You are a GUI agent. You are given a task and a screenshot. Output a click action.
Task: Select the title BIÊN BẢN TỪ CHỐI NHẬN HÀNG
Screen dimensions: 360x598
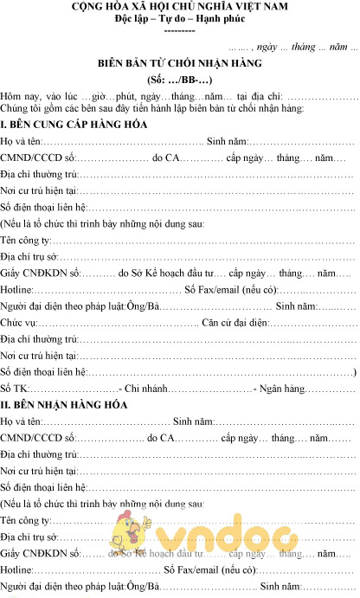179,63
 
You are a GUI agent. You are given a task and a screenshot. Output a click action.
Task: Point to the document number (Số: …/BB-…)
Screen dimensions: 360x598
179,79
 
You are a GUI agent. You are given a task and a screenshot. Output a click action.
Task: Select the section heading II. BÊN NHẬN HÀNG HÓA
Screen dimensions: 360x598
64,404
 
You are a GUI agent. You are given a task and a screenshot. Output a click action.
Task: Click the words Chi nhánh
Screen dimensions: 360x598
150,388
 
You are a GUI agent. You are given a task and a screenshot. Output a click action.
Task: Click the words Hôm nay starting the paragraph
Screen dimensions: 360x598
20,94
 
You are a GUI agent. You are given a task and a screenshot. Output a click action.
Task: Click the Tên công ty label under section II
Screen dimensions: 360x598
26,520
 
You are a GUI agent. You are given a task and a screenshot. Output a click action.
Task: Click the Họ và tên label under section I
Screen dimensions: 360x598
21,141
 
